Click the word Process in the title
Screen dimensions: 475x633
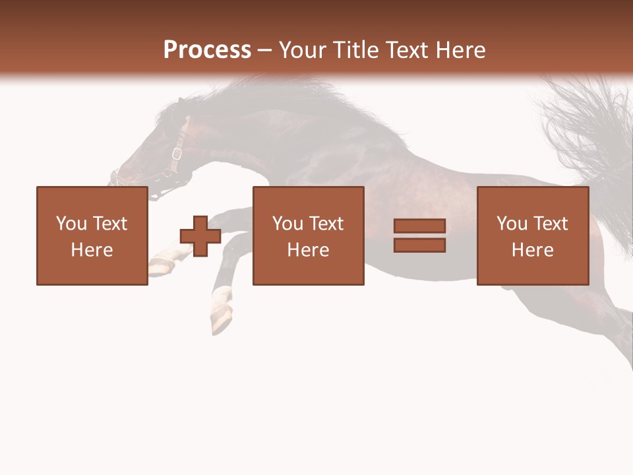(207, 50)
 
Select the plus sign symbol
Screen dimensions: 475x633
(200, 236)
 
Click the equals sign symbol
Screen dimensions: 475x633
(419, 236)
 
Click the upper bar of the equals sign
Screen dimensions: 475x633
(419, 226)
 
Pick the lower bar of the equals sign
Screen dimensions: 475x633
(419, 245)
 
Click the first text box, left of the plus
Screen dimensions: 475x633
(92, 236)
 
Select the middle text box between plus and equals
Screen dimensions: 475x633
(308, 236)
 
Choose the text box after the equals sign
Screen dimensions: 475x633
(532, 236)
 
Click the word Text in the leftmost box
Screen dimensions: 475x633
(109, 224)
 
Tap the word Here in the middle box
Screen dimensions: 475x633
(308, 250)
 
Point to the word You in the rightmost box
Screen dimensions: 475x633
(512, 224)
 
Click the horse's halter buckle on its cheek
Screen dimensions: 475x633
(176, 154)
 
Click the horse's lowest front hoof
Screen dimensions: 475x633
(223, 320)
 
